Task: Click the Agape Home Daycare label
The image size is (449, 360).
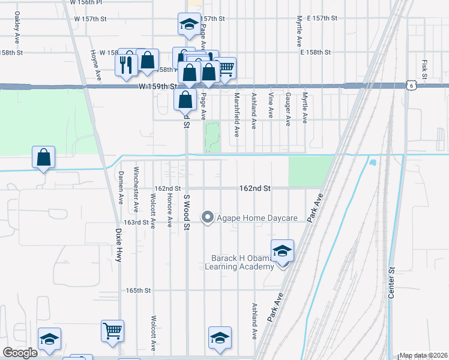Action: point(258,217)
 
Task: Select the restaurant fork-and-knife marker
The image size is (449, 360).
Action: point(125,63)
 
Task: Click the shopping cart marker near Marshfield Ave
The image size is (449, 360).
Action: point(226,68)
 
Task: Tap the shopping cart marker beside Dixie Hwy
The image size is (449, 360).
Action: point(113,331)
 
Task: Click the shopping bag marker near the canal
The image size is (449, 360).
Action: point(44,158)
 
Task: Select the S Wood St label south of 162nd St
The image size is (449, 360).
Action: point(187,212)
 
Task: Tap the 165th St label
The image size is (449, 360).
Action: point(137,290)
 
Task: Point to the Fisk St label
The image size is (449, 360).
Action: point(424,68)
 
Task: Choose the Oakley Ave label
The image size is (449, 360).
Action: point(17,31)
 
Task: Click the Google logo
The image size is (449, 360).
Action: point(20,353)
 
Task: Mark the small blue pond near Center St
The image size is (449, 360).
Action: point(373,163)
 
